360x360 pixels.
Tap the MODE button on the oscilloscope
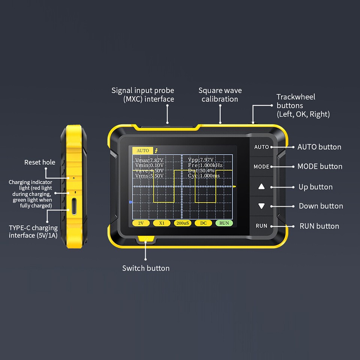pyautogui.click(x=261, y=166)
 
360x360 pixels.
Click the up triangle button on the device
pyautogui.click(x=261, y=186)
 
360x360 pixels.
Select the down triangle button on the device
pyautogui.click(x=261, y=206)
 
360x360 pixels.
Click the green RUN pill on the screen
pyautogui.click(x=224, y=223)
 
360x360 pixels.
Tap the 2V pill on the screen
pyautogui.click(x=141, y=223)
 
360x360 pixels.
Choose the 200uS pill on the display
pyautogui.click(x=182, y=223)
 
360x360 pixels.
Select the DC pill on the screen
pyautogui.click(x=203, y=223)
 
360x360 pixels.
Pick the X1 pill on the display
pyautogui.click(x=162, y=223)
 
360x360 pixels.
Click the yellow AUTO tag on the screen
pyautogui.click(x=142, y=150)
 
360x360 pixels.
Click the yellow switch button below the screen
pyautogui.click(x=145, y=239)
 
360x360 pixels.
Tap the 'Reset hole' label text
pyautogui.click(x=40, y=162)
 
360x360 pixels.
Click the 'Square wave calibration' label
pyautogui.click(x=220, y=95)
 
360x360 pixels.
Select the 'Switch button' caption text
pyautogui.click(x=146, y=268)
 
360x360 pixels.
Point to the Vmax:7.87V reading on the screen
pyautogui.click(x=149, y=160)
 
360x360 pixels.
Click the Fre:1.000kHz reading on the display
pyautogui.click(x=205, y=165)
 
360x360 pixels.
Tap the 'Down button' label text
pyautogui.click(x=321, y=206)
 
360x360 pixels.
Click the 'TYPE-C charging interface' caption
pyautogui.click(x=33, y=231)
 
